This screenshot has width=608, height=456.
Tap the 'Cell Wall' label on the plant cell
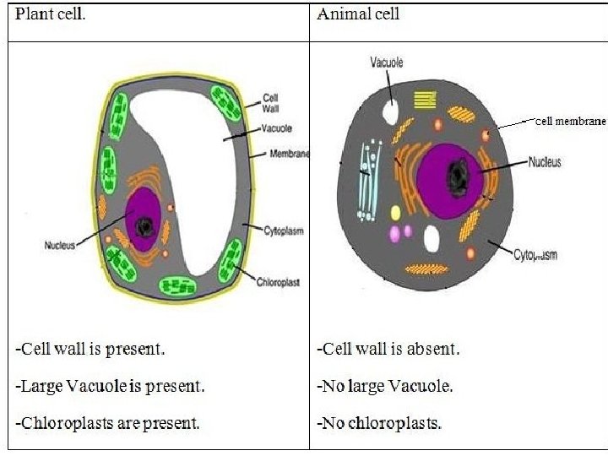coord(272,103)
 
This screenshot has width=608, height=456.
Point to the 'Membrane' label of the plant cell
coord(289,154)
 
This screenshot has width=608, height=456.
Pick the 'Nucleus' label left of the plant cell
coord(60,246)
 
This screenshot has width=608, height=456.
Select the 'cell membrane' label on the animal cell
coord(570,122)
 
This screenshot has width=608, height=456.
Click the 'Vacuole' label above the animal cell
coord(387,62)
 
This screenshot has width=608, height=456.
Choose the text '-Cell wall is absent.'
coord(388,349)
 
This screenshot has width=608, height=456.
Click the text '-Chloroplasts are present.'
coord(108,423)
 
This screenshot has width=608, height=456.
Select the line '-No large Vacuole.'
coord(384,386)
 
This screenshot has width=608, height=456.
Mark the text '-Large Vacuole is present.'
coord(110,386)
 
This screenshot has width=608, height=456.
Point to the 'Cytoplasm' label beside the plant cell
coord(283,231)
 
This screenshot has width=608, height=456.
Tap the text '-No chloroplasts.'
coord(379,423)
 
